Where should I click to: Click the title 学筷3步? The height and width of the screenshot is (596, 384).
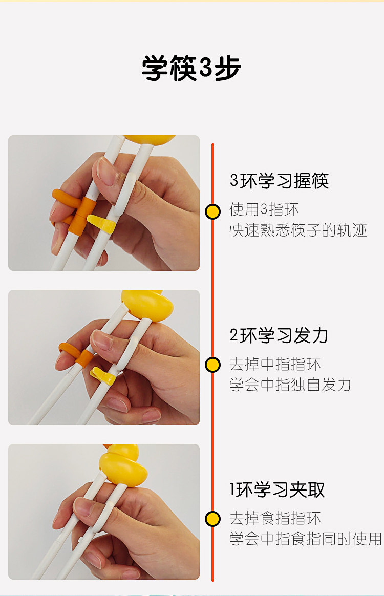[x=191, y=68]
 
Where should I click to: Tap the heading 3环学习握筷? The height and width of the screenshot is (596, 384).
[x=280, y=181]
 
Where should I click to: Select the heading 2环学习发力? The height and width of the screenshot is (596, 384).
[x=279, y=335]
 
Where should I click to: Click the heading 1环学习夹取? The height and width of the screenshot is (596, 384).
[x=278, y=489]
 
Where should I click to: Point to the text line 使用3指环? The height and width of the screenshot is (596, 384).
[x=264, y=209]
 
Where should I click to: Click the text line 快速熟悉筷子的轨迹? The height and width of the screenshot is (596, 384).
[x=298, y=230]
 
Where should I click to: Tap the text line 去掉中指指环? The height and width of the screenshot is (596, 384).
[x=275, y=364]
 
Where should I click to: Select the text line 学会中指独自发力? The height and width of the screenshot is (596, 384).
[x=290, y=385]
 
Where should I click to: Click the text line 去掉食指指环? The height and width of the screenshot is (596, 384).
[x=275, y=518]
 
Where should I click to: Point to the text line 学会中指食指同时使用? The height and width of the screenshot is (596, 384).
[x=306, y=539]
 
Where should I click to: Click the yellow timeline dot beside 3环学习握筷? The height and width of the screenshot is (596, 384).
[x=213, y=211]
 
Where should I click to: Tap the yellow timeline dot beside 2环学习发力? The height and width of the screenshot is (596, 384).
[x=213, y=365]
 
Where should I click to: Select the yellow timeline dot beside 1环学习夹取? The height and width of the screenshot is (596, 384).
[x=213, y=519]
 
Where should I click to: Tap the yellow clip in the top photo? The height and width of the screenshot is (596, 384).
[x=101, y=224]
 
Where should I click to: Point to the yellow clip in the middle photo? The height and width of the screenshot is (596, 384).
[x=102, y=375]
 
